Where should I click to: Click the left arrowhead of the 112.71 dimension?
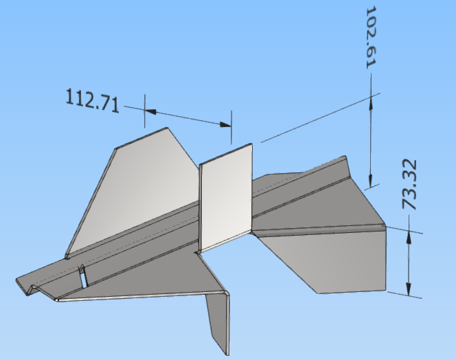tap(150, 110)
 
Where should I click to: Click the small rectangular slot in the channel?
tap(82, 278)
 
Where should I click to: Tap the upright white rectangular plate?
tap(227, 196)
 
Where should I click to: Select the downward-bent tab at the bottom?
tap(218, 319)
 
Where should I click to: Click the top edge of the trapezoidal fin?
tap(141, 137)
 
